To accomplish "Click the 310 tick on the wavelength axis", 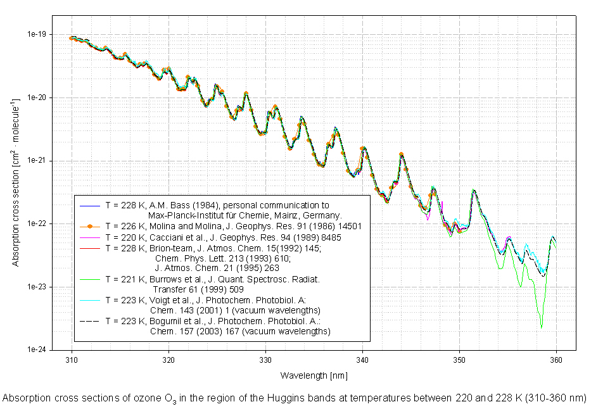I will tap(72, 358).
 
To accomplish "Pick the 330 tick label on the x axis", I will tap(265, 358).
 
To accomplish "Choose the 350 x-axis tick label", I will tap(459, 358).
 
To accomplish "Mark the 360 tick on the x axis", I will tap(556, 358).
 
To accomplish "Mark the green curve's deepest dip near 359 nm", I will tap(541, 328).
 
